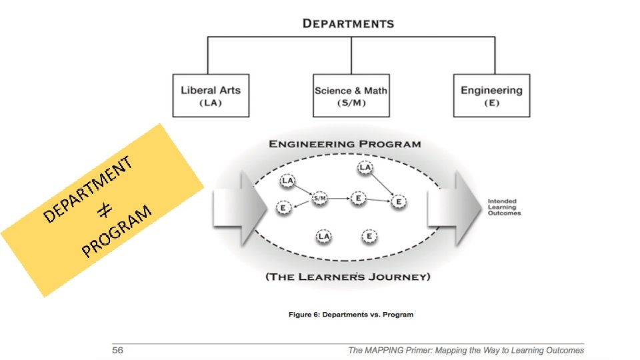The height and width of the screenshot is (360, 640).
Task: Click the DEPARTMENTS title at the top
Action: click(x=348, y=23)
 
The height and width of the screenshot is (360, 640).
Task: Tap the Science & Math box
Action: click(x=351, y=95)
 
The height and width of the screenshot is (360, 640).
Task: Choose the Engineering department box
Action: click(x=491, y=95)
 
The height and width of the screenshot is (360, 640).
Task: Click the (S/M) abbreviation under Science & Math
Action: click(x=351, y=103)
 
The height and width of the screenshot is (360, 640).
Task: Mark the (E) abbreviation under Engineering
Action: click(x=491, y=103)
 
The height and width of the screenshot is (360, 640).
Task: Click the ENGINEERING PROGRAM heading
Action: click(x=345, y=144)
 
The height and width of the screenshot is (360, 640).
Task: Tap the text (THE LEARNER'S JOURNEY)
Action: click(x=348, y=276)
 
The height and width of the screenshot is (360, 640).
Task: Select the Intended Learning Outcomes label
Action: click(x=504, y=207)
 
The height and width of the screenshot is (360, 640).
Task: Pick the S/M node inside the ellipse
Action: click(x=320, y=198)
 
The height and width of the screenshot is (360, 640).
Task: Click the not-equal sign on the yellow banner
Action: click(x=104, y=211)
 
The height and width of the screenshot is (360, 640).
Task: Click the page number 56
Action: click(x=118, y=350)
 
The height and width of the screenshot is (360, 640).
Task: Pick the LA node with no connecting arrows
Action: click(x=324, y=236)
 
